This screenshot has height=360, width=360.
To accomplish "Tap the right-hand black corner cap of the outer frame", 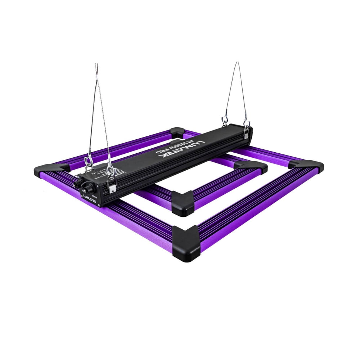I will tap(306, 168).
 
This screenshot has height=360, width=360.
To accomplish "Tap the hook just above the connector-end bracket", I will tap(110, 172).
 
